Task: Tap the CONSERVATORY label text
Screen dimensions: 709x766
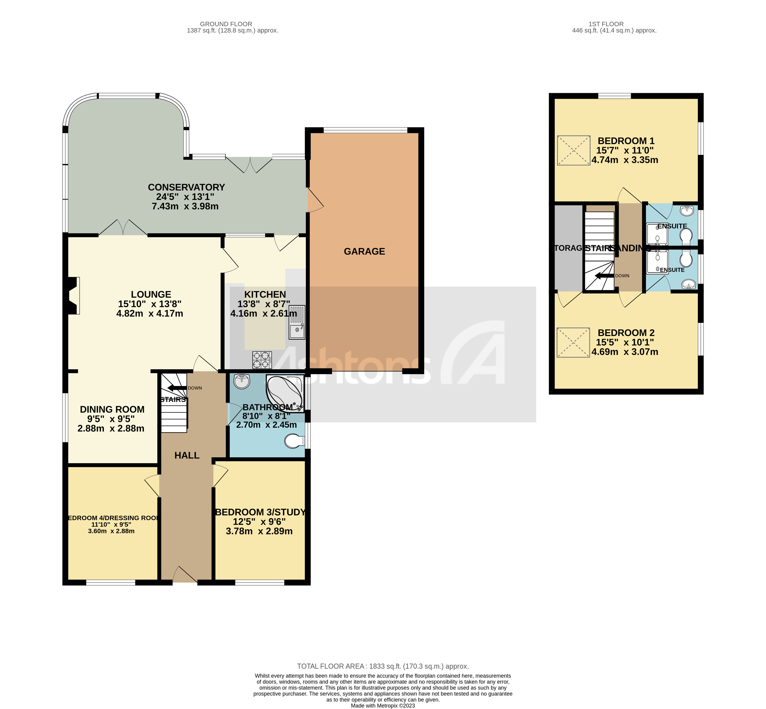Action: pos(186,187)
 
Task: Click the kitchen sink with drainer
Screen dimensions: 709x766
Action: pos(297,322)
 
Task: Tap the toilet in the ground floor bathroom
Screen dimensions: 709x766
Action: pos(294,441)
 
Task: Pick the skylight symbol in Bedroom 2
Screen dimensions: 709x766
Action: pos(573,342)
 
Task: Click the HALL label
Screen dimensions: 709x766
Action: pos(187,455)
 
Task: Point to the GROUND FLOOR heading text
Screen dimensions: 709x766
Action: pos(226,24)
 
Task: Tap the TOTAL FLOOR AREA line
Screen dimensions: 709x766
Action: pos(383,666)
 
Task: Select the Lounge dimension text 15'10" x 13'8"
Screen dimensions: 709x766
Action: pos(150,304)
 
